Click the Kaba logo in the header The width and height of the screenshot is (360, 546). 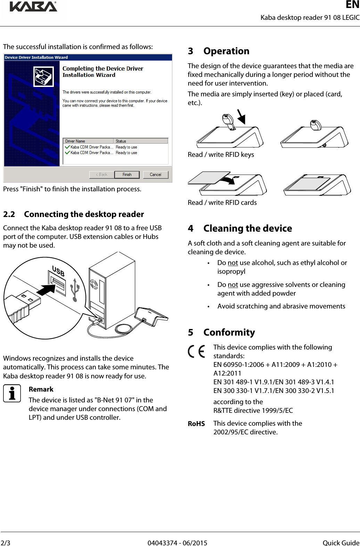(33, 7)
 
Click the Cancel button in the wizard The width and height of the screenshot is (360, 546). (155, 175)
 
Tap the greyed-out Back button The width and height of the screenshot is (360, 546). (101, 175)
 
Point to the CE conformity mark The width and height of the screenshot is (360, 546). (196, 351)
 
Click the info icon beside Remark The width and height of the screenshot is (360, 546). (12, 393)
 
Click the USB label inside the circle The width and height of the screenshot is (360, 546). (58, 271)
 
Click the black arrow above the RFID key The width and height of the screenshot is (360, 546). (241, 117)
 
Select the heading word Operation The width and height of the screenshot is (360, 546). (226, 51)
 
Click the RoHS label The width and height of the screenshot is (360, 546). (196, 424)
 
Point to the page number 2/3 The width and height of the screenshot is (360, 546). (6, 543)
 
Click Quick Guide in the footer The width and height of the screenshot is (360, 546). (341, 543)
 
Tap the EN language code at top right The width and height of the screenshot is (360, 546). (352, 5)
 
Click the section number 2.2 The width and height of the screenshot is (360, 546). (9, 214)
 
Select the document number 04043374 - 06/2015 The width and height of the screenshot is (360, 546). (177, 543)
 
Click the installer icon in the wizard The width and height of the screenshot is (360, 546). (43, 77)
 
